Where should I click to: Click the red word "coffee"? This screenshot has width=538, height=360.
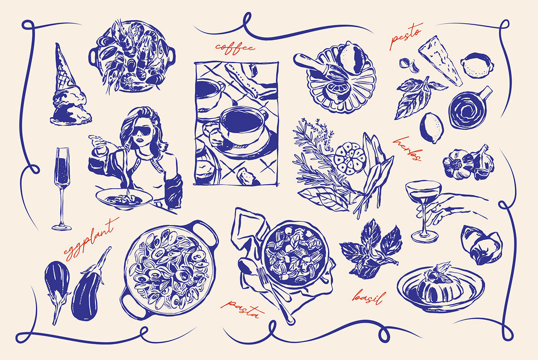(235, 47)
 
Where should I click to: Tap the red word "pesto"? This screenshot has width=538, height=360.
(406, 36)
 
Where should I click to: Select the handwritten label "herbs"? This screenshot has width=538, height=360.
(407, 148)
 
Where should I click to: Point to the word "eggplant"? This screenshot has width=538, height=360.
(90, 239)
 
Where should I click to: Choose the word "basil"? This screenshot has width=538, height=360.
(369, 297)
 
